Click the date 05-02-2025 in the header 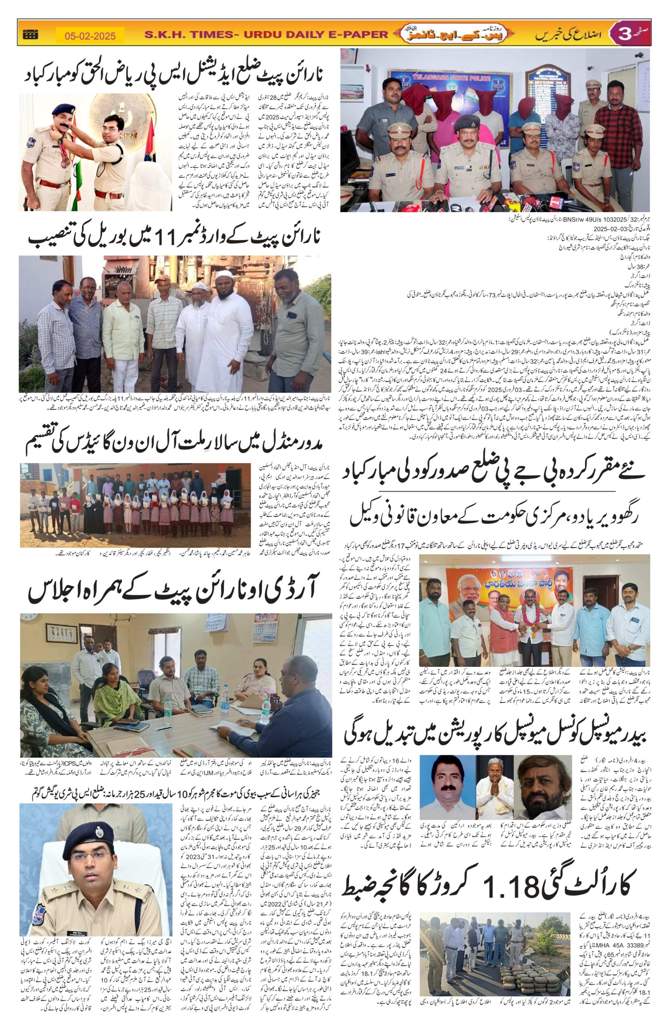pyautogui.click(x=90, y=36)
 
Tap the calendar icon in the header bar pyautogui.click(x=30, y=34)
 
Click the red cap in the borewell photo pyautogui.click(x=161, y=277)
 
